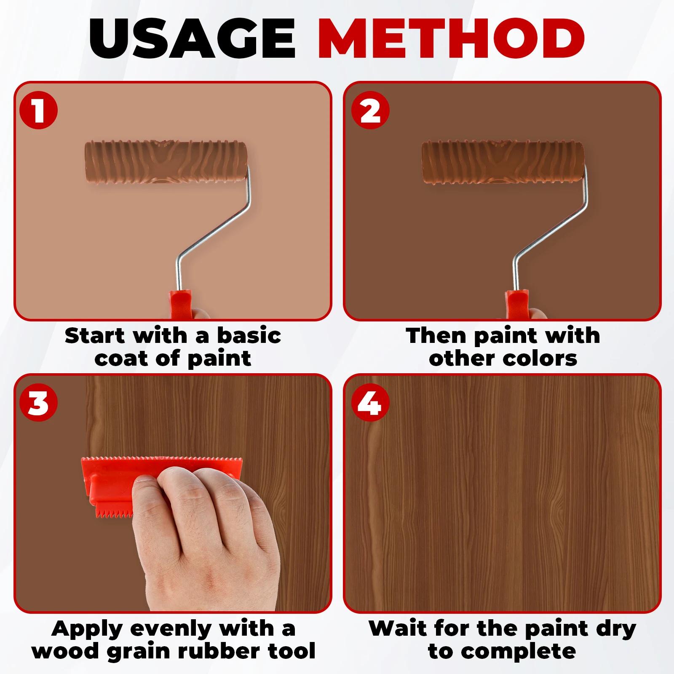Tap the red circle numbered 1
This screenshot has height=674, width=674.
(x=38, y=110)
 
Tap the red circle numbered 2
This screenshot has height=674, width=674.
(x=370, y=110)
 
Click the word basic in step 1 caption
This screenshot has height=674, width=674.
(x=249, y=336)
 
